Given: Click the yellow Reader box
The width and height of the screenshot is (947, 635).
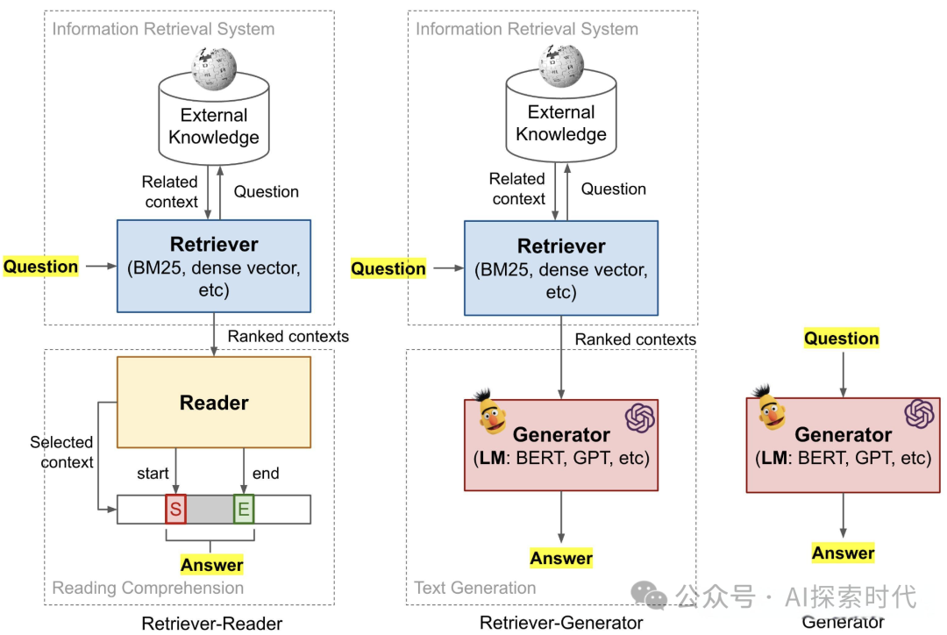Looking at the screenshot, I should (x=214, y=403).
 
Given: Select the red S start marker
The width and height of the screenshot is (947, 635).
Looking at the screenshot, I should (x=175, y=510).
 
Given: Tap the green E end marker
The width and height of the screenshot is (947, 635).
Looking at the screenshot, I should (x=243, y=510).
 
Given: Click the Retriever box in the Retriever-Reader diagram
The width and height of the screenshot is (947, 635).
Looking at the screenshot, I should (x=214, y=266).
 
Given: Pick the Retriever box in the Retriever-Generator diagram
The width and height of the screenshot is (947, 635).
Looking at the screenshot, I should (x=560, y=268).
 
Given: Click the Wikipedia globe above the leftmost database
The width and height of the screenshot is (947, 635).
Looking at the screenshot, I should (x=214, y=67).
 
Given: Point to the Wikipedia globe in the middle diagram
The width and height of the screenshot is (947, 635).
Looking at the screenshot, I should (x=561, y=65).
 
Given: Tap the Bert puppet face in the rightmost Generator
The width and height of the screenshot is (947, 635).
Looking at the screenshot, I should (x=772, y=407).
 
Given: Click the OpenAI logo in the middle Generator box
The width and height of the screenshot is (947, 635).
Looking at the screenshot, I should (x=640, y=417).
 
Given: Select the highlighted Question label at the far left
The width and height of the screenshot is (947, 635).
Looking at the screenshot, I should (x=41, y=267).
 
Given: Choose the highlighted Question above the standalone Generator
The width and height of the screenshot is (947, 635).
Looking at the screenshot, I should (x=842, y=339).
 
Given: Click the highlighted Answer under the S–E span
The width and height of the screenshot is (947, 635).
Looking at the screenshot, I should (x=212, y=565).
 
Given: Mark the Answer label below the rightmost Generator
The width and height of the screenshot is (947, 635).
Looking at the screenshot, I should (x=844, y=553).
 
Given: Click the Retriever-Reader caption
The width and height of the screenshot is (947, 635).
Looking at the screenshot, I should (x=212, y=624).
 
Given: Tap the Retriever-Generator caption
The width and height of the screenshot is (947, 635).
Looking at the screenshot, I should (x=561, y=623).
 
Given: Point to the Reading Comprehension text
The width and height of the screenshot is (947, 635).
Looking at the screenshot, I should (x=148, y=588).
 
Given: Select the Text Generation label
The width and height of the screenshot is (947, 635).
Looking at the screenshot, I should (x=475, y=588).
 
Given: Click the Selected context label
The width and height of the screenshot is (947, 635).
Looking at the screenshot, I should (x=62, y=452).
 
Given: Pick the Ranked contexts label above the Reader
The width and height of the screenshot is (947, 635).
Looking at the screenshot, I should (x=288, y=336).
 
